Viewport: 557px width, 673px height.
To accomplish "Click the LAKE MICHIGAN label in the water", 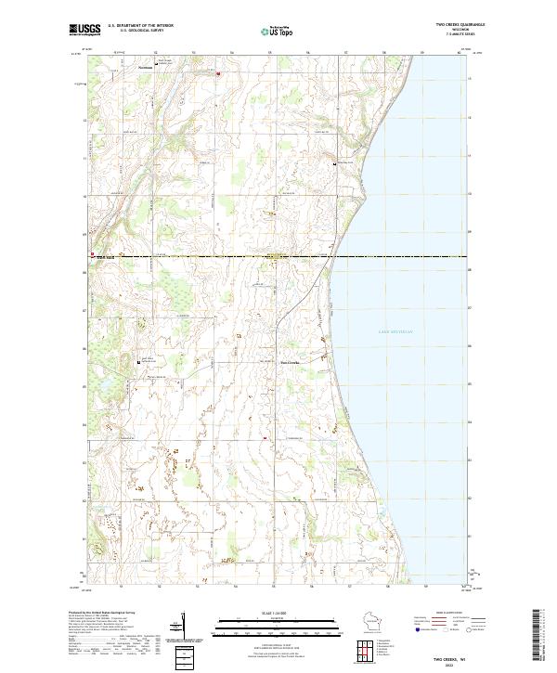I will [395, 330].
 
